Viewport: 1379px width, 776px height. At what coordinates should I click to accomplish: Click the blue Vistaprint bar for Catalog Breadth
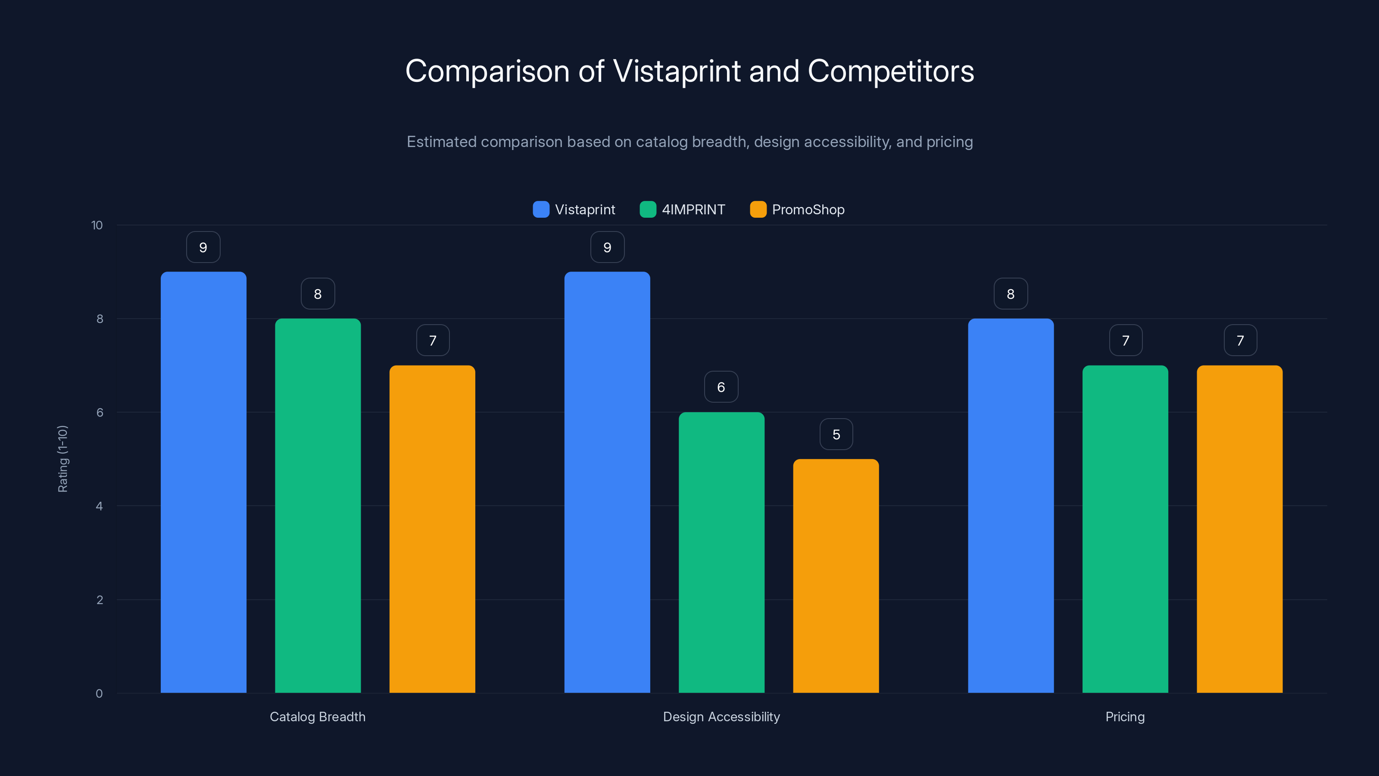tap(203, 482)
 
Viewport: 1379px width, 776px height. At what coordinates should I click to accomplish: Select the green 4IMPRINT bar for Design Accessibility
tap(721, 552)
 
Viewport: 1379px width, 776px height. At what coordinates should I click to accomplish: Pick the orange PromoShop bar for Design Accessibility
tap(836, 576)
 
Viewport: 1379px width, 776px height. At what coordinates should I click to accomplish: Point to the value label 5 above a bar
tap(836, 434)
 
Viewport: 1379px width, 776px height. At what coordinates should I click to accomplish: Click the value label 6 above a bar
tap(721, 387)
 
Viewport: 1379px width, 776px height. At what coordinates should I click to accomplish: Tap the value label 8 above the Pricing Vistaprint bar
tap(1011, 294)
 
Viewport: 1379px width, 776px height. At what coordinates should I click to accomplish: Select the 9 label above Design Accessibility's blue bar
tap(607, 247)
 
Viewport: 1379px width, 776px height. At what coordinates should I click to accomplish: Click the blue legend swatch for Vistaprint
tap(541, 210)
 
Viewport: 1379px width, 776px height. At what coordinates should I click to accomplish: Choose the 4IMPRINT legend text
tap(693, 210)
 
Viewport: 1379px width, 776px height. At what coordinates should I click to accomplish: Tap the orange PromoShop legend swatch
tap(758, 210)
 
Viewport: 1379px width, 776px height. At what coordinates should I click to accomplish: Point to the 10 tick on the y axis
tap(97, 225)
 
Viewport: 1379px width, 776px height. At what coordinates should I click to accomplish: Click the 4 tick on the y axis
tap(99, 506)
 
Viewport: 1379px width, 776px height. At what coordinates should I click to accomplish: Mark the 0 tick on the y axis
tap(99, 694)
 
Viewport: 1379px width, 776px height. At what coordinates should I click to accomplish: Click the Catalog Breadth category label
tap(318, 717)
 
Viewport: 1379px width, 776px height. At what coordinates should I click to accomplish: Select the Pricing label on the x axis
tap(1125, 717)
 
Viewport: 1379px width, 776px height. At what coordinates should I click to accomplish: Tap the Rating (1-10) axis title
tap(62, 458)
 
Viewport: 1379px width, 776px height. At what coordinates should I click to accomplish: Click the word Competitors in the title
tap(890, 71)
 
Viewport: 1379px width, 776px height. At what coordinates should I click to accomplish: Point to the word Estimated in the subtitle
tap(441, 142)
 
